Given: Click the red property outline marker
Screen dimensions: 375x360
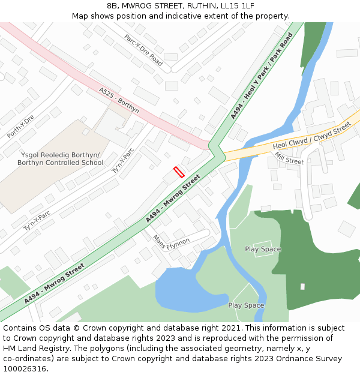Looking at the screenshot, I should (179, 172).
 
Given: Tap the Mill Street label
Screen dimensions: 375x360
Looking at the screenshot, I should (289, 158).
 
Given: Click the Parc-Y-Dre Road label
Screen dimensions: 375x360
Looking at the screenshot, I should (143, 50).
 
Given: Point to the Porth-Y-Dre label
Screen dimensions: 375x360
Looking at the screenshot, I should (21, 126).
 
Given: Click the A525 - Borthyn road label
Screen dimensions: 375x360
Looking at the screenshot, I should (119, 100).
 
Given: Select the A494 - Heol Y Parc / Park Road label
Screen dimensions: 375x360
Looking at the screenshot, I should (262, 76).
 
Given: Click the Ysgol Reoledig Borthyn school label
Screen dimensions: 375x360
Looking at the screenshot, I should (60, 159).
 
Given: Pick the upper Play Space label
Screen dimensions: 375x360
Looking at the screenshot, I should (263, 249).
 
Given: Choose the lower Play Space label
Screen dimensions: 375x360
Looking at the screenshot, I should (246, 305).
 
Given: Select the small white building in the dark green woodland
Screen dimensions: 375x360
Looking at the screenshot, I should (302, 287).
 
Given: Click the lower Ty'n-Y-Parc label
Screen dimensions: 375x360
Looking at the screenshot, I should (37, 220).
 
